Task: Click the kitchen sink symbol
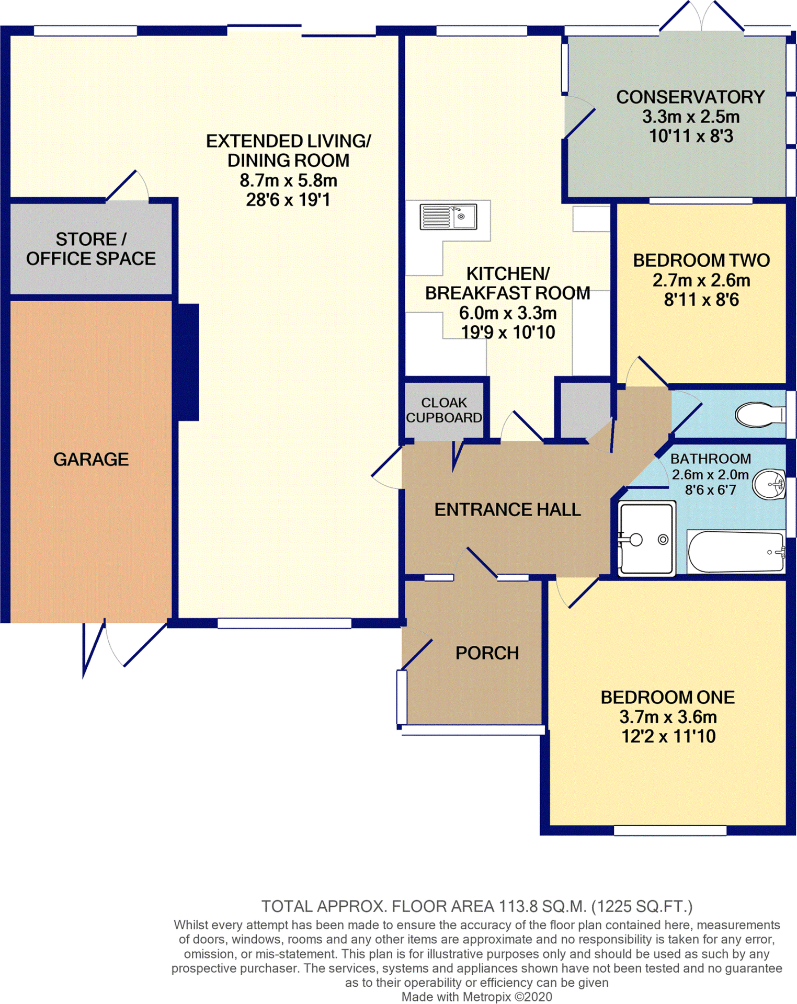point(448,216)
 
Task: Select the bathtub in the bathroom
point(735,552)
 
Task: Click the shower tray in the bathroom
point(646,539)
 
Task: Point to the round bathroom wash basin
point(769,484)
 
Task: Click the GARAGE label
point(91,459)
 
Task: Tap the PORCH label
point(487,653)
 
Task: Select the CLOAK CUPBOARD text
point(444,410)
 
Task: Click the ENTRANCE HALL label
point(507,509)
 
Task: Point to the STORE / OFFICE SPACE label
point(91,249)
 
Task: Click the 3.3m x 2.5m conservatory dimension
point(690,117)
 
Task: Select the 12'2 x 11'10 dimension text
point(668,736)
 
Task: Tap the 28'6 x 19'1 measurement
point(288,200)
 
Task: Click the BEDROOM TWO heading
point(701,260)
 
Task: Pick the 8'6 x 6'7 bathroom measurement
point(710,490)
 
